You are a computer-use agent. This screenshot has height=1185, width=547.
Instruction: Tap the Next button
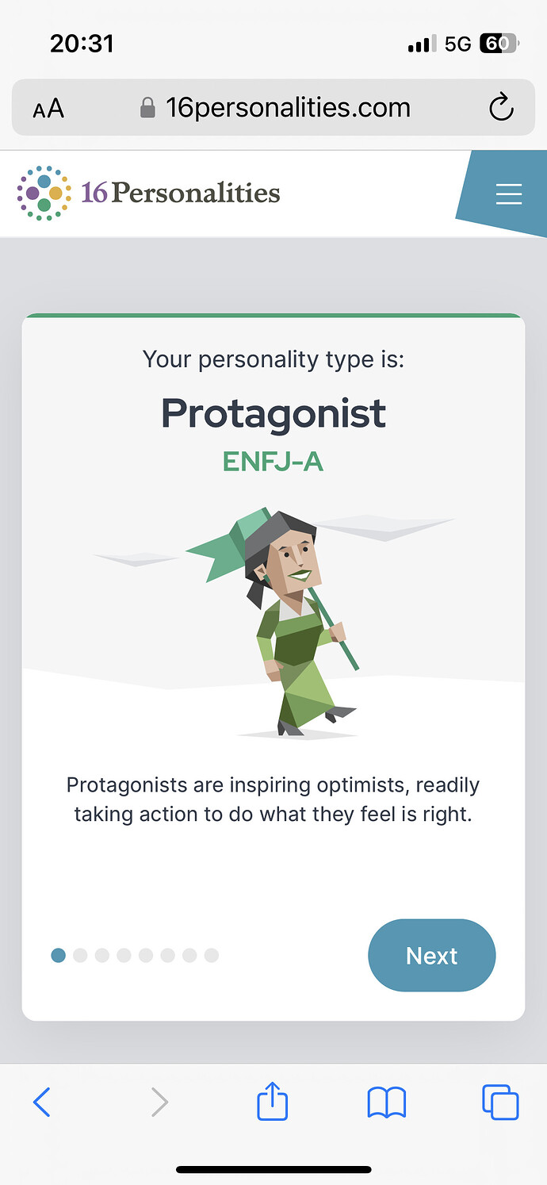click(432, 956)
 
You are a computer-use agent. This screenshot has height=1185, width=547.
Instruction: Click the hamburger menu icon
click(509, 194)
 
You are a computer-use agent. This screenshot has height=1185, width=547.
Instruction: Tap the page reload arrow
click(501, 107)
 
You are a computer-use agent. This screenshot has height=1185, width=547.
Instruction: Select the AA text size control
click(48, 109)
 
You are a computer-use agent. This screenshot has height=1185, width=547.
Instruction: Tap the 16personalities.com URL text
click(288, 108)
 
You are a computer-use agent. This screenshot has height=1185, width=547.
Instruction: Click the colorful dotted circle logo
click(44, 193)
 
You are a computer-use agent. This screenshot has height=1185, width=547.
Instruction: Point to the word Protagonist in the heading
click(273, 413)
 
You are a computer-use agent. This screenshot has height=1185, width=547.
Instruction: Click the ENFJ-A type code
click(273, 462)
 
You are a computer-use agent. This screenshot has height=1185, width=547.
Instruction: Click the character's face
click(293, 561)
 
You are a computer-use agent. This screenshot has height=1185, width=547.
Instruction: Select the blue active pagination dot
click(58, 956)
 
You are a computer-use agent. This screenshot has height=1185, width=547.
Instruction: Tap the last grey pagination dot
click(212, 956)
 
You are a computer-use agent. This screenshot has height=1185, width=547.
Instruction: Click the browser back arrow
click(42, 1102)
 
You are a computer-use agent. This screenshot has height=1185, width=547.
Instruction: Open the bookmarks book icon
click(386, 1103)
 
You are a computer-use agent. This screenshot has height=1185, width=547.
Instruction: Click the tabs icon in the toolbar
click(500, 1102)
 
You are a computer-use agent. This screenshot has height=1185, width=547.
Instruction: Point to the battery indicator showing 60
click(499, 44)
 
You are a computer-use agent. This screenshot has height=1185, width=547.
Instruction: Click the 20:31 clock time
click(82, 44)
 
